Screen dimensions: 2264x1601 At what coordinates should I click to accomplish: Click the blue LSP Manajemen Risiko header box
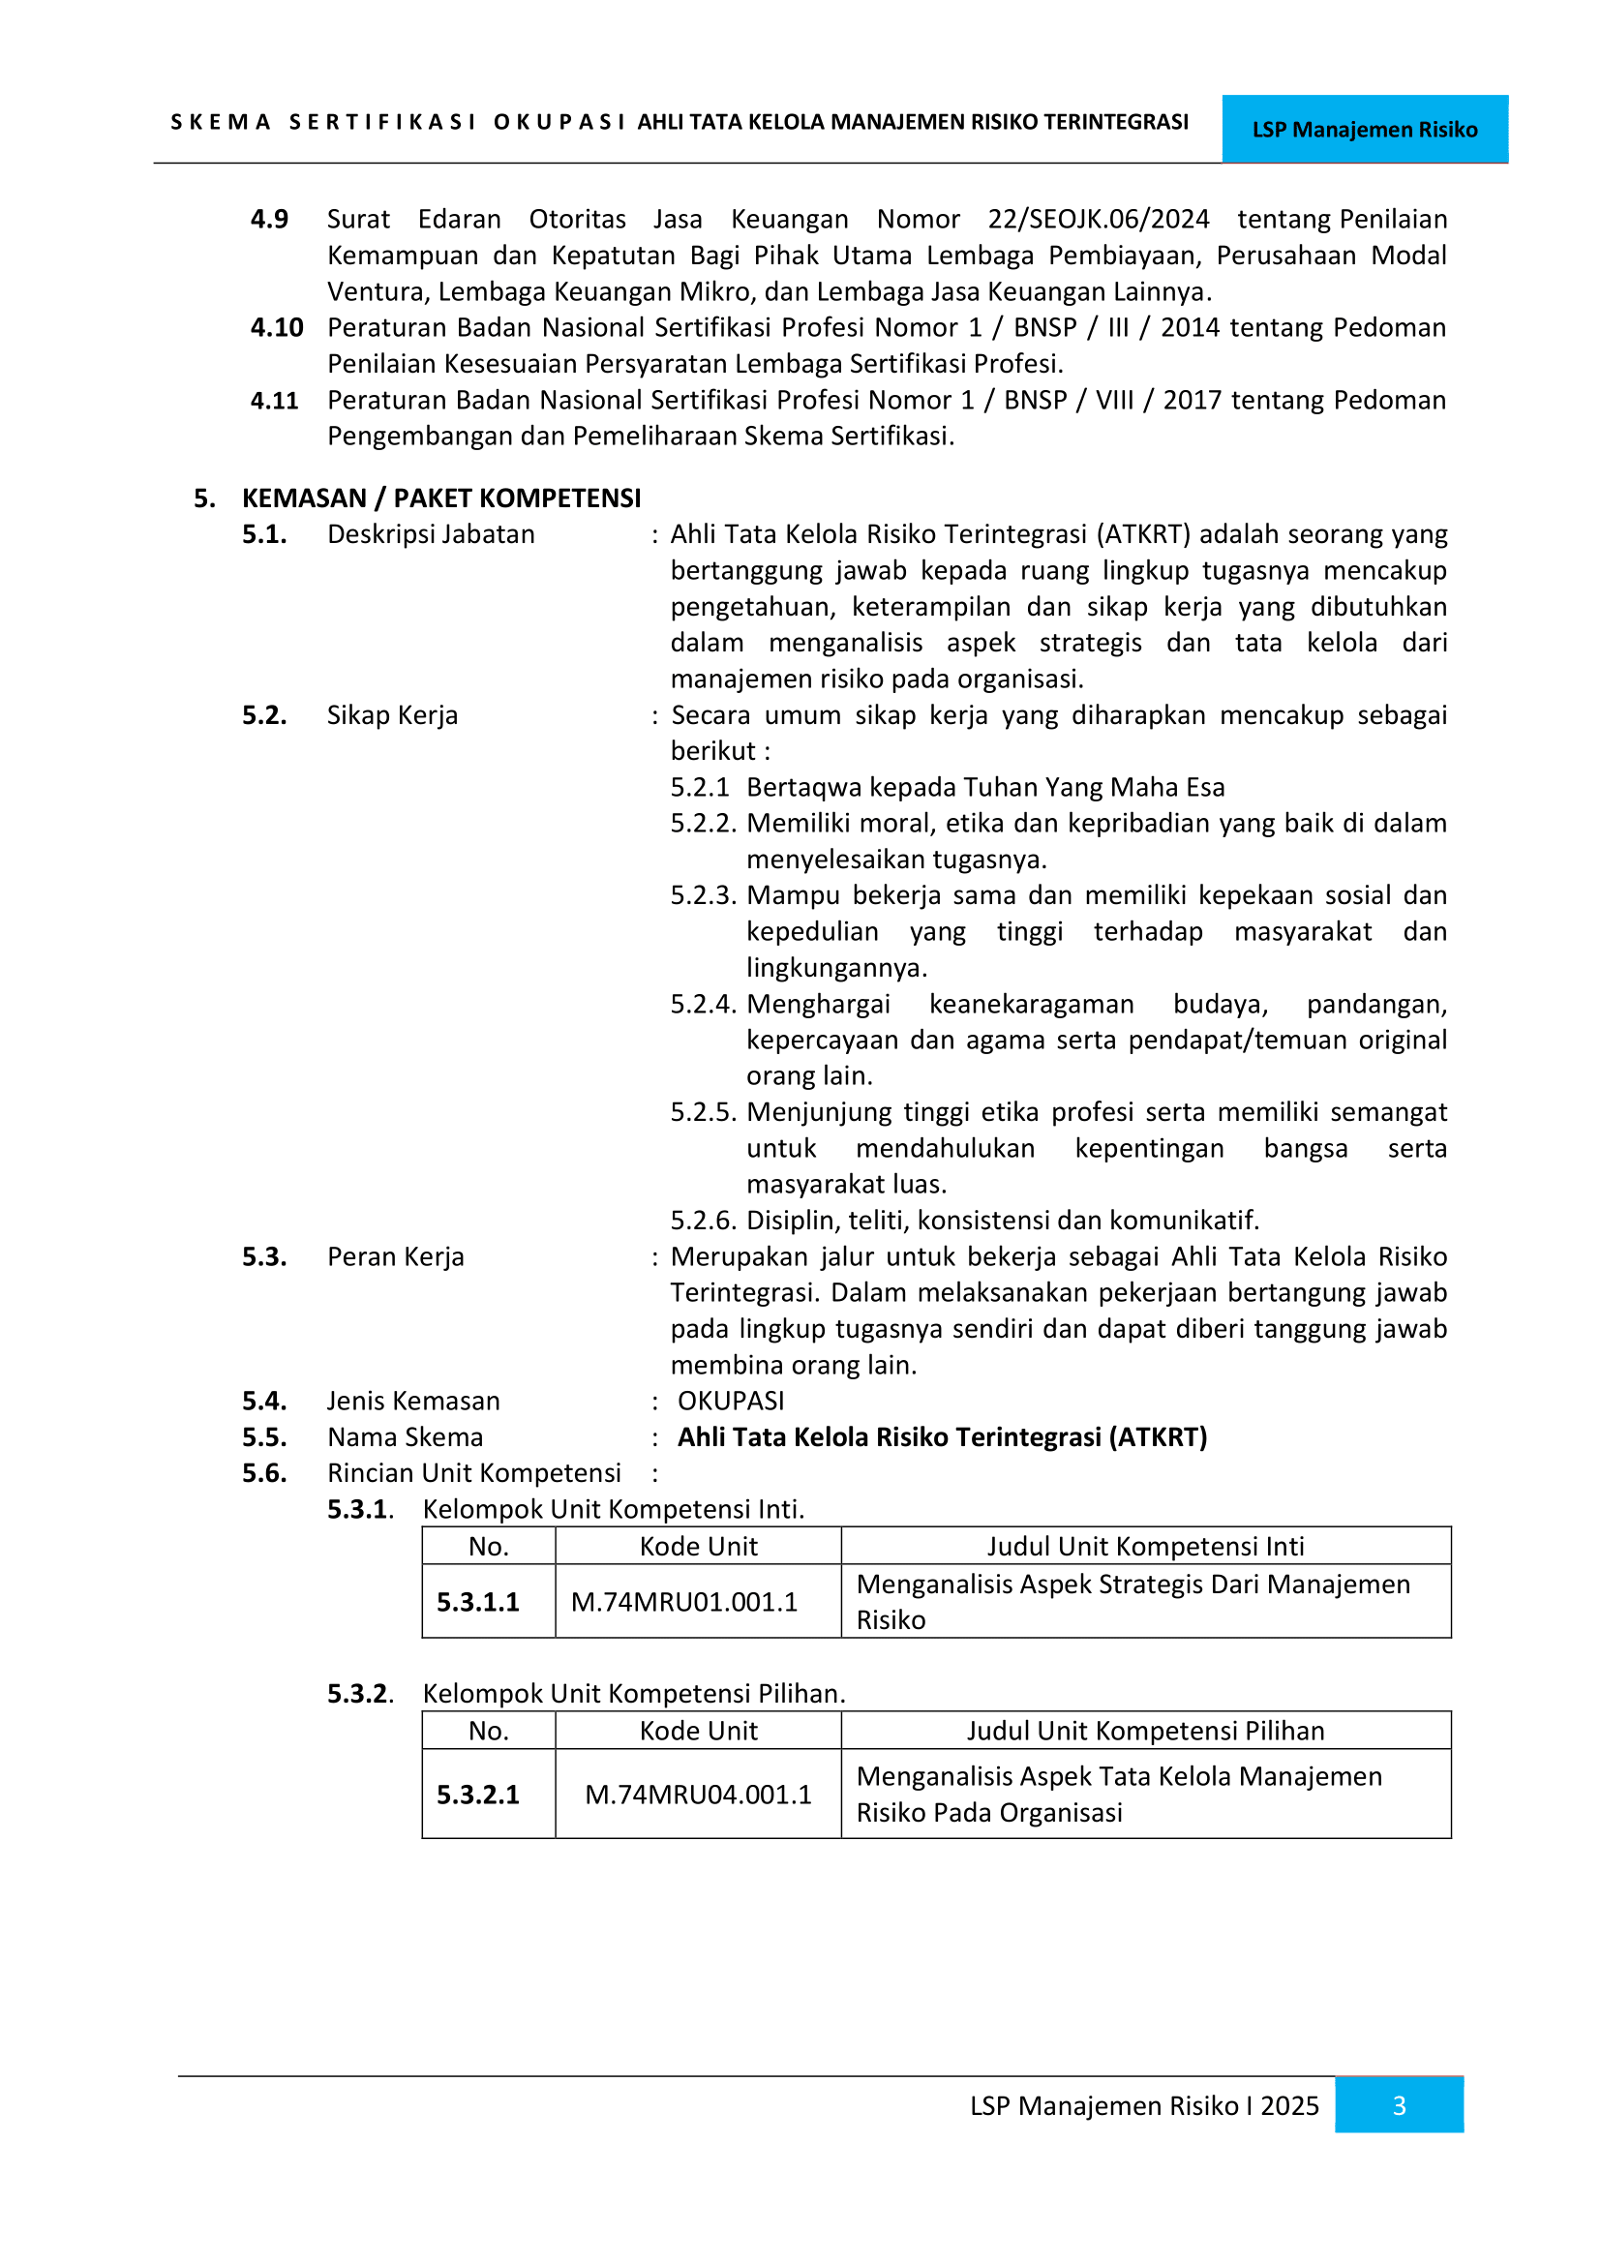(x=1364, y=129)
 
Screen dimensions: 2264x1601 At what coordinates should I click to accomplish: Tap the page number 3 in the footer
(x=1398, y=2105)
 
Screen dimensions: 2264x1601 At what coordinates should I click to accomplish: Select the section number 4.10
(x=276, y=327)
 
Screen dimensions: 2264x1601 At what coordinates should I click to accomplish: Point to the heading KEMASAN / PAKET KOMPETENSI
(x=440, y=498)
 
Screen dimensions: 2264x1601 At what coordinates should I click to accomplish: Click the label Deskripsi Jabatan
(x=431, y=534)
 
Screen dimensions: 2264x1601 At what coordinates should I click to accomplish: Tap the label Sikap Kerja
(x=392, y=715)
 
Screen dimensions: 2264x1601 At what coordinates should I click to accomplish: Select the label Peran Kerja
(x=395, y=1256)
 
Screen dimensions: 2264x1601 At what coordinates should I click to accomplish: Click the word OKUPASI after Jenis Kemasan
(x=731, y=1401)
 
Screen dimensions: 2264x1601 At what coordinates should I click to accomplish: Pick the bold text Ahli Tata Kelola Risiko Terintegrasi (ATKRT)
(x=942, y=1436)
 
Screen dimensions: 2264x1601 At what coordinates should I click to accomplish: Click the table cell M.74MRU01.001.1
(x=684, y=1601)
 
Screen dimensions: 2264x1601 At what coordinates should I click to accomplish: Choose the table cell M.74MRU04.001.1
(x=698, y=1794)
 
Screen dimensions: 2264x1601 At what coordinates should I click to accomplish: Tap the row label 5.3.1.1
(x=477, y=1601)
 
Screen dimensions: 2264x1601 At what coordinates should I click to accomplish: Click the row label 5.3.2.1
(x=477, y=1794)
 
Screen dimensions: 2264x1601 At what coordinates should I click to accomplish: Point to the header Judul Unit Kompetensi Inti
(x=1144, y=1546)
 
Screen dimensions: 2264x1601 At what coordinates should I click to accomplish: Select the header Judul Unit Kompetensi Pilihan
(x=1144, y=1731)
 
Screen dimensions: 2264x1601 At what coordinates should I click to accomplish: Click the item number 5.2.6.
(x=703, y=1221)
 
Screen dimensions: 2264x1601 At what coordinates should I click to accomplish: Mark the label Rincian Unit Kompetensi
(x=473, y=1473)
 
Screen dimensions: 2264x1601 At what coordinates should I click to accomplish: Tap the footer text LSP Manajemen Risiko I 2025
(x=1143, y=2105)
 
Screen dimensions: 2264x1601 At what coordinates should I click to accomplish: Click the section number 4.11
(x=274, y=401)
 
